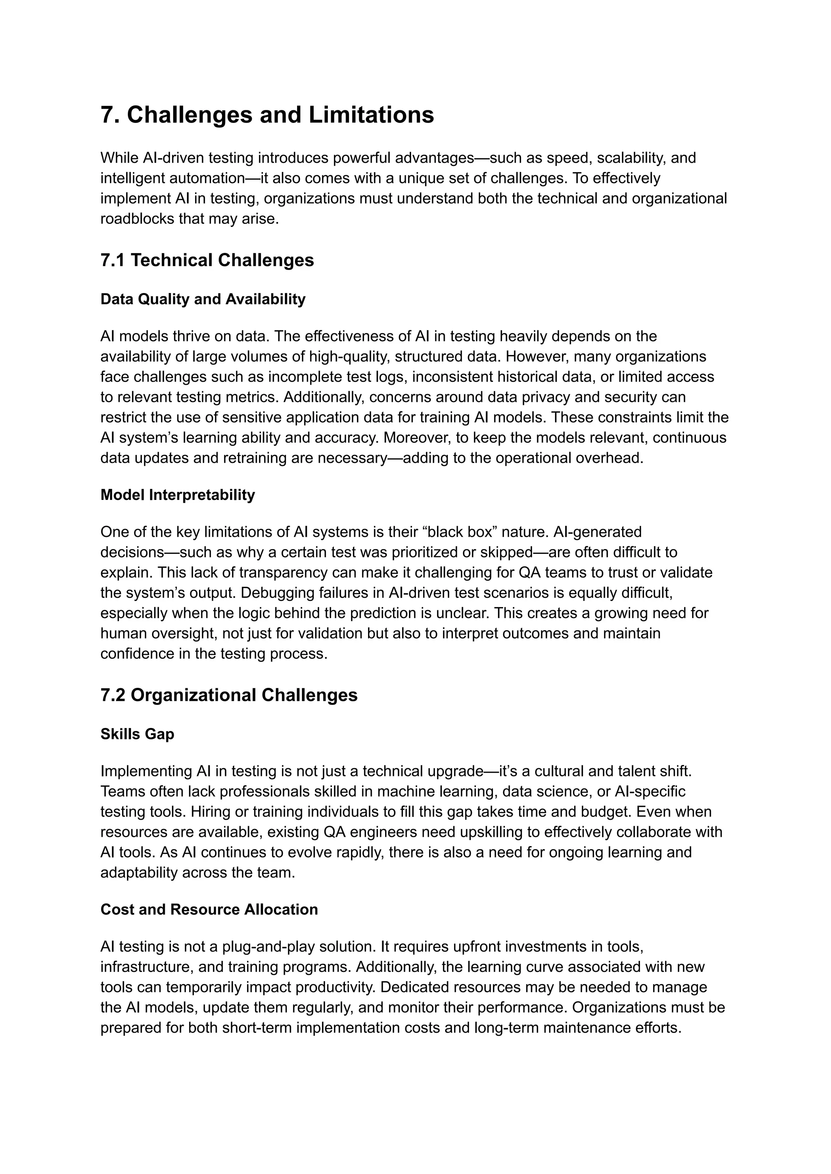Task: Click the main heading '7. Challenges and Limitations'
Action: (267, 114)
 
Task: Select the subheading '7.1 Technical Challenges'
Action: (207, 260)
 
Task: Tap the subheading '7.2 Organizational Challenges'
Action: (229, 695)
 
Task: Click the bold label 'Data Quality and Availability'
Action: (202, 299)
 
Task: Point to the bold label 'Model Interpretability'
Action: (178, 495)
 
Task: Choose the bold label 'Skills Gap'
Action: (137, 734)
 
